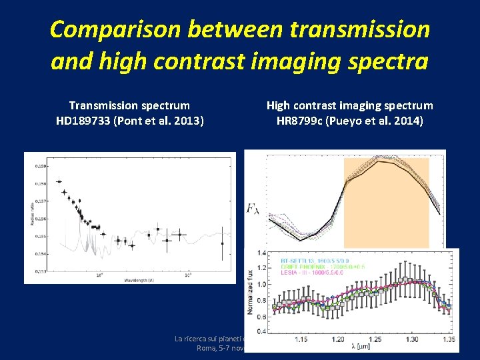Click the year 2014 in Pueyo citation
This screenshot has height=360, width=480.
pos(407,121)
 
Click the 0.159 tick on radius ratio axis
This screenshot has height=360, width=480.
pos(41,165)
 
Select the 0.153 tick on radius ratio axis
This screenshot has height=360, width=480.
pos(41,271)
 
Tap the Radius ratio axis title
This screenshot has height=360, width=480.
pos(31,217)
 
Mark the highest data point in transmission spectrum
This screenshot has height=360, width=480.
pos(59,181)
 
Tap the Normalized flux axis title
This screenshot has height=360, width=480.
pos(250,291)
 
